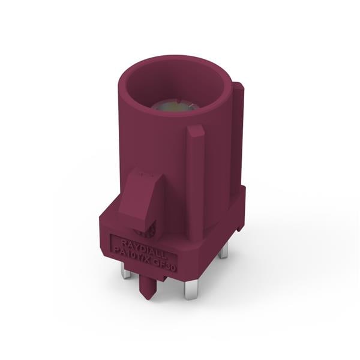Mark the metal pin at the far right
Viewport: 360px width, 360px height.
223,250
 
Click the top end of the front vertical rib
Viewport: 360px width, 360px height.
196,128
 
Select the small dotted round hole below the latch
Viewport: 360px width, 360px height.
149,232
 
